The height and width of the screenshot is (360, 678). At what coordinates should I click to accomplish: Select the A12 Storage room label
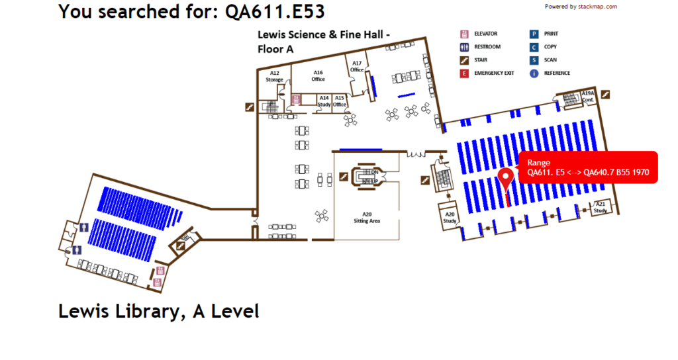(x=274, y=76)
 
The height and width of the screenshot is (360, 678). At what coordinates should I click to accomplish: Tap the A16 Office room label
(x=318, y=75)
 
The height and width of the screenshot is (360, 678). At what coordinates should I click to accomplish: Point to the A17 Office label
(x=357, y=66)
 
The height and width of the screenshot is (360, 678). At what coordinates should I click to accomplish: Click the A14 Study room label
(x=324, y=101)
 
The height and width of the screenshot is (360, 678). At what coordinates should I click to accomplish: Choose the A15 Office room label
(x=340, y=101)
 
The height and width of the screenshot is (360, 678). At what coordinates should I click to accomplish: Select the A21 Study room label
(x=600, y=207)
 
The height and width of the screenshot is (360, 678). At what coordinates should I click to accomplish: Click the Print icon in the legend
(x=533, y=34)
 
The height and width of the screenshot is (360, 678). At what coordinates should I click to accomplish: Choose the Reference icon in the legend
(x=533, y=73)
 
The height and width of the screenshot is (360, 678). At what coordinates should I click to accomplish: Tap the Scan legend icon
(x=533, y=60)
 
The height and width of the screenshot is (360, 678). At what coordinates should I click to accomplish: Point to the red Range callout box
(x=589, y=167)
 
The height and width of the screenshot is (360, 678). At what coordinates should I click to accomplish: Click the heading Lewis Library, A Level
(x=159, y=311)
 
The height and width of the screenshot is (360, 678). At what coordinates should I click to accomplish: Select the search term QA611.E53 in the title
(x=275, y=11)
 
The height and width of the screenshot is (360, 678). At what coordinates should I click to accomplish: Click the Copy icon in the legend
(x=533, y=47)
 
